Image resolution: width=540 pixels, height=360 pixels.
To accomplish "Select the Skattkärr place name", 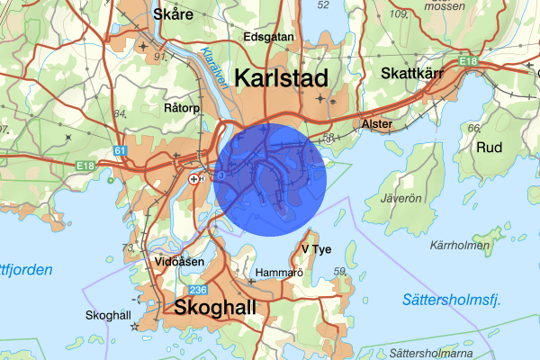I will click(413, 73).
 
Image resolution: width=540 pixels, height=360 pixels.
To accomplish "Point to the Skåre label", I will click(173, 14).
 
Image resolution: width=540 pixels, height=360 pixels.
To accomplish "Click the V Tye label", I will click(317, 248).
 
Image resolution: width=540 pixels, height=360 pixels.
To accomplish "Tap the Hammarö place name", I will click(275, 271).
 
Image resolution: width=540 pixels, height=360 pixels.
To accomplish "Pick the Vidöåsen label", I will click(180, 261).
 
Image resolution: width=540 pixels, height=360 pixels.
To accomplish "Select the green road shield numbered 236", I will click(198, 290).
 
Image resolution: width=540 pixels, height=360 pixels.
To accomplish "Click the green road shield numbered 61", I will click(121, 151).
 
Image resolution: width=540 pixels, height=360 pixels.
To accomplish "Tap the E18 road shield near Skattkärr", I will click(468, 60).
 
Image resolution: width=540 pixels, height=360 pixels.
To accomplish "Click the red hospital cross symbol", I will click(194, 179).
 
